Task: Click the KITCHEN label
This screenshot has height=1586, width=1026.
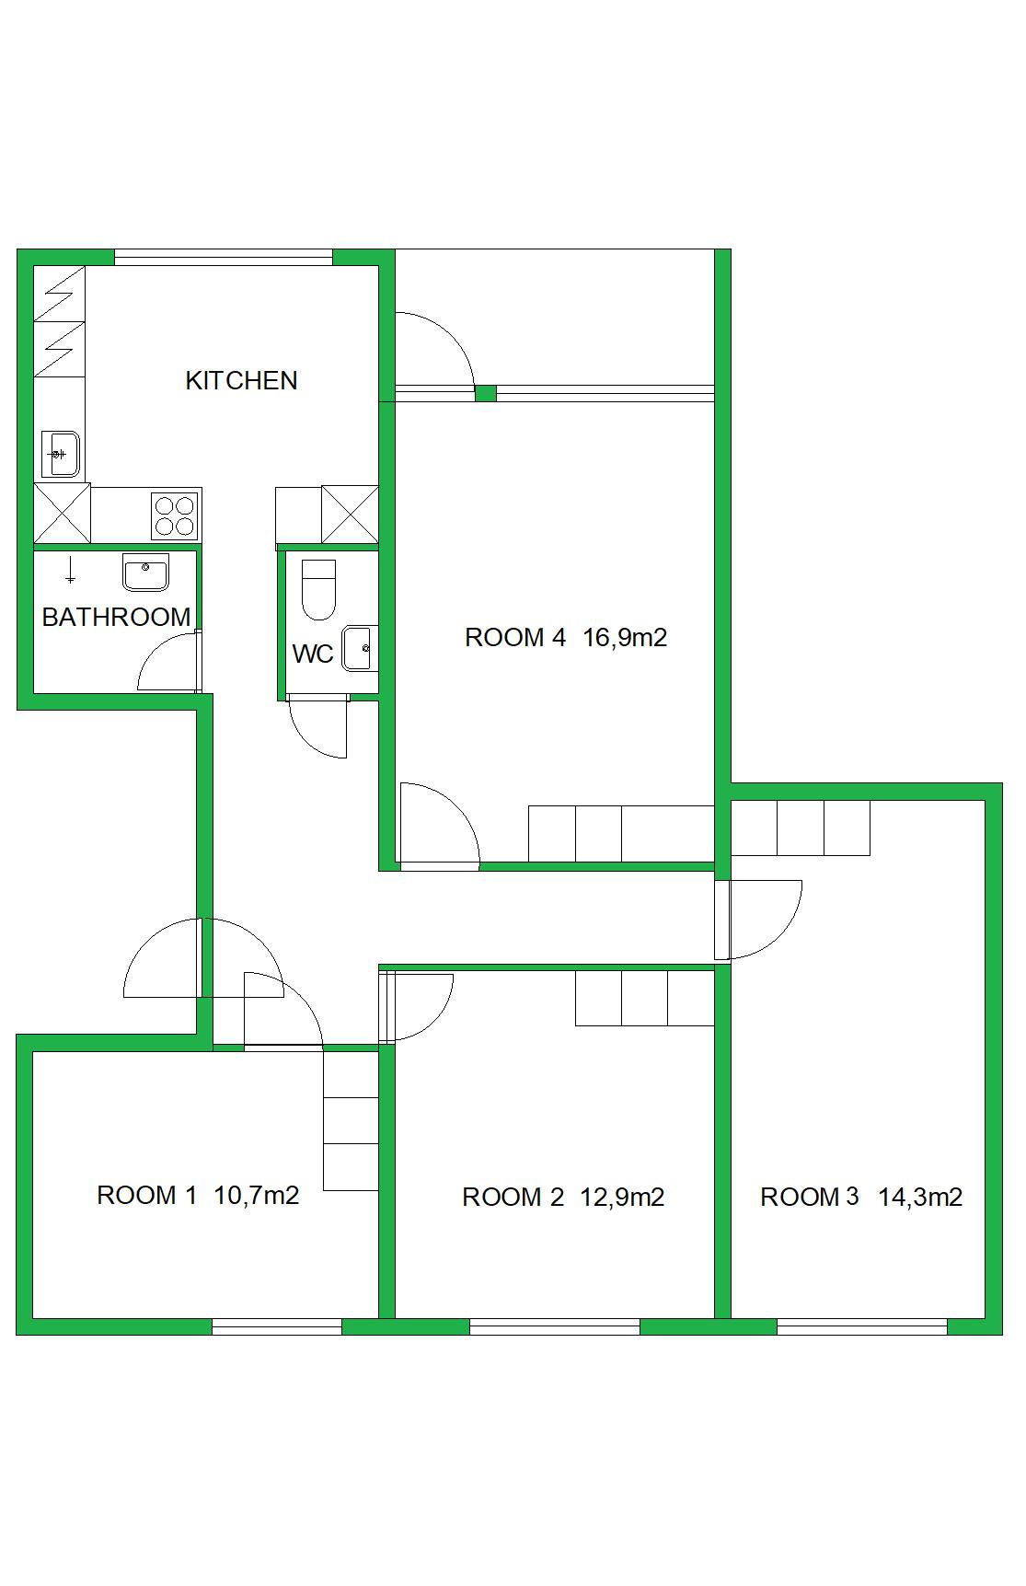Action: coord(241,380)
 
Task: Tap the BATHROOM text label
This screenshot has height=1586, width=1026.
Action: coord(116,617)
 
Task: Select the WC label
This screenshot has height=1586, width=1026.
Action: coord(313,654)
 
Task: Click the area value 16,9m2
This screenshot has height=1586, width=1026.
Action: coord(625,637)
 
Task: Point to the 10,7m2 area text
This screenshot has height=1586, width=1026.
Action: coord(257,1196)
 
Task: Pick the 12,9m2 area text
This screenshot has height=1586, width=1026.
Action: coord(622,1197)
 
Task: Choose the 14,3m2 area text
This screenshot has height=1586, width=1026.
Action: coord(920,1197)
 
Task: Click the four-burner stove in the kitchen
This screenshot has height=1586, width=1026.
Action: coord(175,515)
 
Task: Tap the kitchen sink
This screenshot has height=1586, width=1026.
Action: coord(61,454)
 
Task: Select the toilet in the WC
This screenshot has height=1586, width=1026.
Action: coord(319,588)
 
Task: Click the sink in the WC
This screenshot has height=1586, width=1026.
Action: coord(357,648)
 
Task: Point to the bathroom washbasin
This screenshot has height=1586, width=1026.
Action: coord(145,573)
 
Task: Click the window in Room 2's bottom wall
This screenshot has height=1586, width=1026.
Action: coord(554,1326)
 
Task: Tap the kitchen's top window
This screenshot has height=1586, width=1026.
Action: coord(223,258)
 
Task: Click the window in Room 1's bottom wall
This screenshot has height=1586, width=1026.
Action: coord(276,1326)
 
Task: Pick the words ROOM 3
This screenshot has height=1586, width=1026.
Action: coord(809,1197)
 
